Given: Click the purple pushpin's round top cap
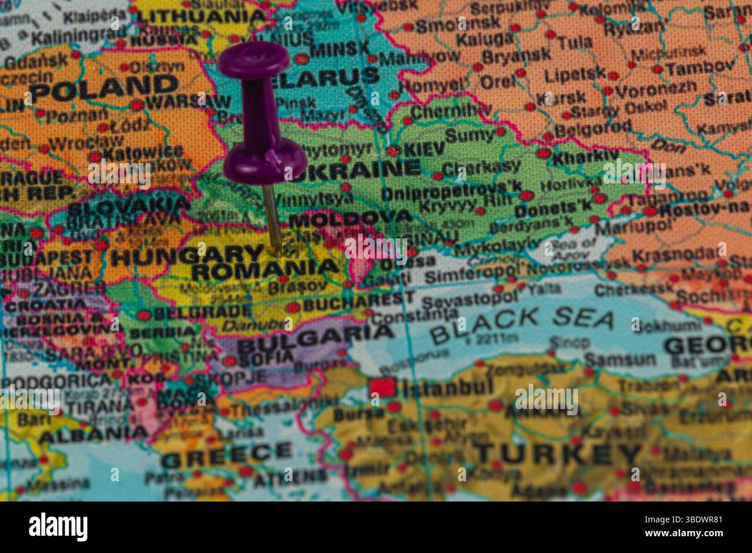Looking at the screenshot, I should tap(254, 60).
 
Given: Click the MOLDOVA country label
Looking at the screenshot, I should tap(350, 218).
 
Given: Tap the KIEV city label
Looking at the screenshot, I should tap(424, 149).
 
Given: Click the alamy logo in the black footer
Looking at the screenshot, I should tap(58, 527).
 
